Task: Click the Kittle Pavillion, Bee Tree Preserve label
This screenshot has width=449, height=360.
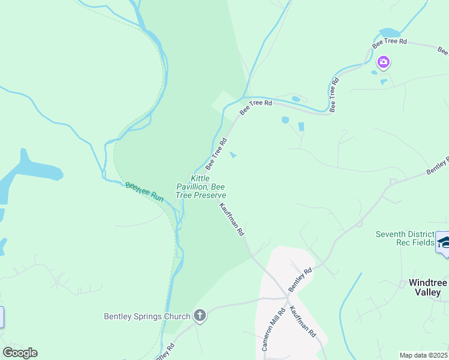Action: [x=200, y=187]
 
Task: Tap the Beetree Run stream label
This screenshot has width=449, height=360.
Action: [x=144, y=192]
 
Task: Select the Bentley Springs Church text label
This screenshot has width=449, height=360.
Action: [x=147, y=316]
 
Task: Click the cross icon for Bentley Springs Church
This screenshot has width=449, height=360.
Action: [x=199, y=316]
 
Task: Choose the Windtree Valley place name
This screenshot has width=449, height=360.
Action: [x=428, y=287]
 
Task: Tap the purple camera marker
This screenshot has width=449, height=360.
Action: [x=383, y=62]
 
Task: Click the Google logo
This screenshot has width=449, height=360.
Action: [x=20, y=353]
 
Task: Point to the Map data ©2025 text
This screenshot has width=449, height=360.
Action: [x=423, y=355]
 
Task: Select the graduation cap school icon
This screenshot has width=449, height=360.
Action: [x=444, y=242]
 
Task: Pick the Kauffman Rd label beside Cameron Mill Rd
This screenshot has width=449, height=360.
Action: [x=303, y=321]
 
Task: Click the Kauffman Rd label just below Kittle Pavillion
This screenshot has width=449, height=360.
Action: [x=232, y=218]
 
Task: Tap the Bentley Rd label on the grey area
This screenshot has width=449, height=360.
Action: [x=301, y=280]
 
